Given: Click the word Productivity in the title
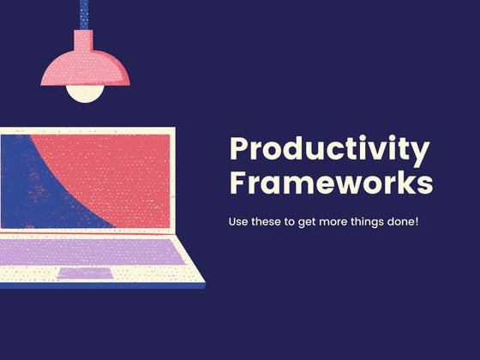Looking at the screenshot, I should point(329,151).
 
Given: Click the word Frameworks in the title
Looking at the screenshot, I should point(331,184).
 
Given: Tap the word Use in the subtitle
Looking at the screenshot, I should point(239,222).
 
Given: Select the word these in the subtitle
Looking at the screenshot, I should point(272,222).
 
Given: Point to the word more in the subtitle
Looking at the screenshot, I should point(344,222).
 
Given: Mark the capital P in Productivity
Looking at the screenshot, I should point(239,150).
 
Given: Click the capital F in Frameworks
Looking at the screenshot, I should point(238,183).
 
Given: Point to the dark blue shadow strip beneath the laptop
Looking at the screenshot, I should point(103,286).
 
